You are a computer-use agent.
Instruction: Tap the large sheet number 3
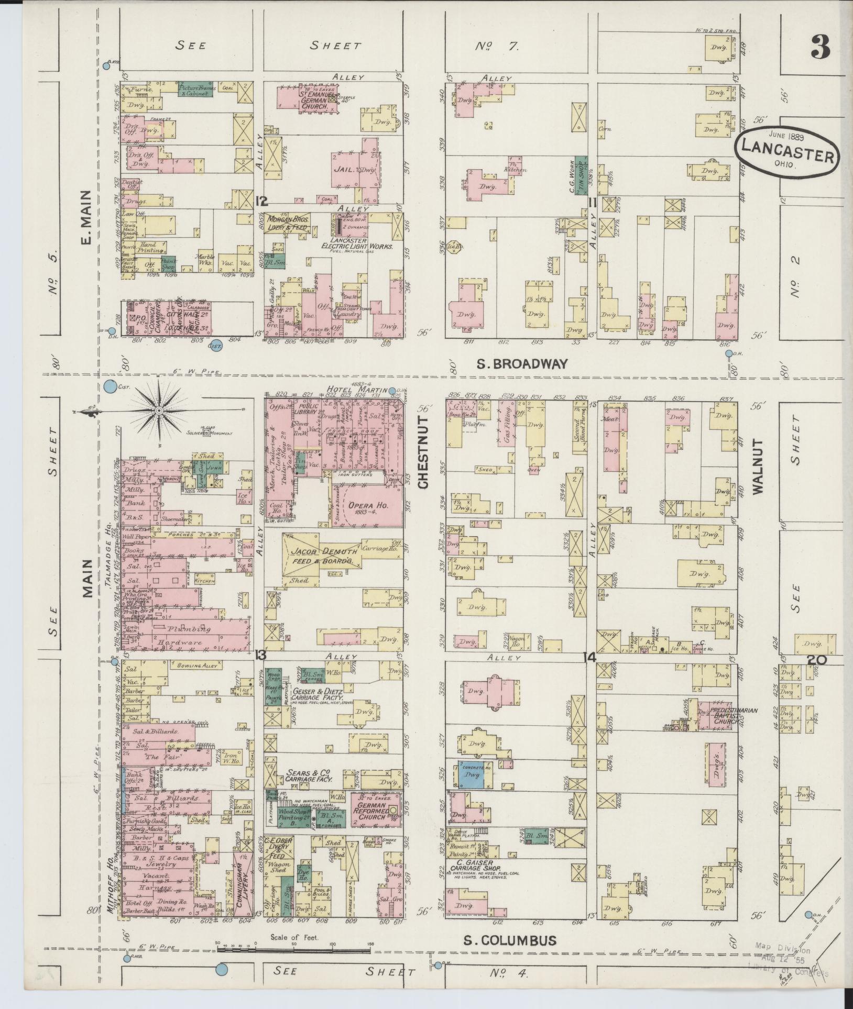[x=820, y=48]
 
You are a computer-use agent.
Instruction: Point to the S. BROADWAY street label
[x=522, y=364]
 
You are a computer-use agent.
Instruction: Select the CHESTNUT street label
[x=424, y=452]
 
